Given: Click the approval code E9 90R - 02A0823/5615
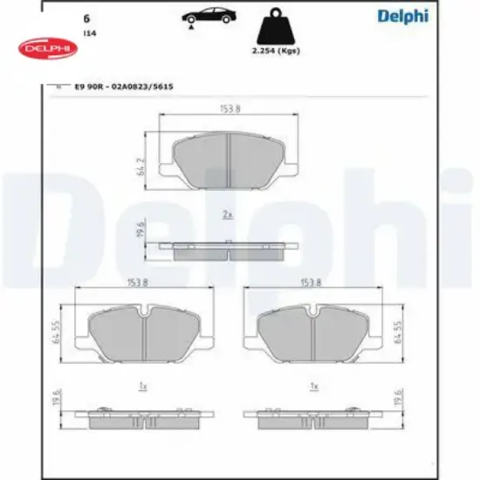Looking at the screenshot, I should (x=117, y=87).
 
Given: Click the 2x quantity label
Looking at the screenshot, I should (x=227, y=214).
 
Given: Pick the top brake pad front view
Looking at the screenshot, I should (x=229, y=161).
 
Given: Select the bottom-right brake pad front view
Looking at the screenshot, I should (x=314, y=332).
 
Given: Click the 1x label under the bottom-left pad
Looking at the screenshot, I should (x=141, y=384).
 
